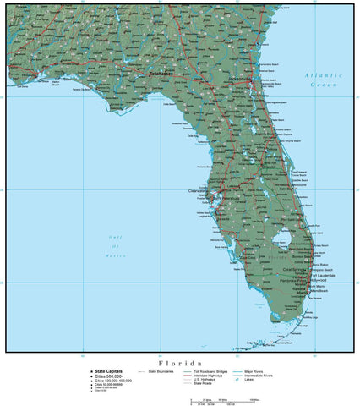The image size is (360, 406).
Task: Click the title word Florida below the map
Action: click(x=179, y=361)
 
